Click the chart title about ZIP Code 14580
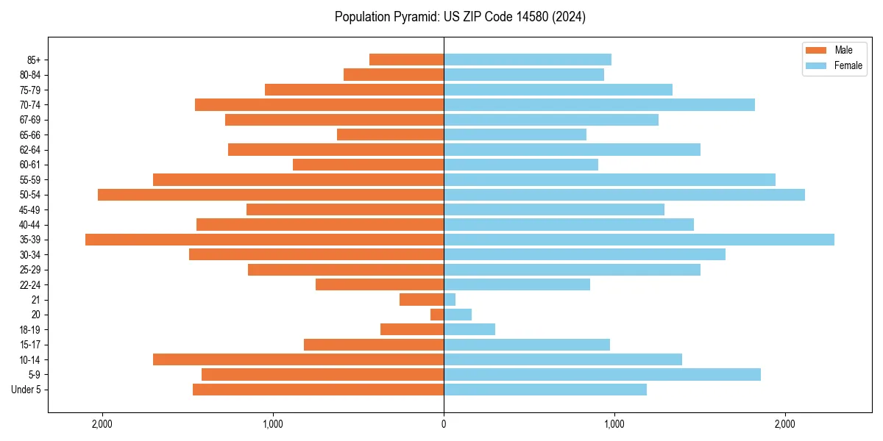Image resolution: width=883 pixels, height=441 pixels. (x=460, y=17)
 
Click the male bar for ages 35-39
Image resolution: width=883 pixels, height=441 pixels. (x=264, y=240)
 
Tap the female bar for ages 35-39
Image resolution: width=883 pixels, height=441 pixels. (x=639, y=240)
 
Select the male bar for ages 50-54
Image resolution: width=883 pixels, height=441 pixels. (x=271, y=195)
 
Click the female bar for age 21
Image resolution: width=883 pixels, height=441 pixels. (x=450, y=300)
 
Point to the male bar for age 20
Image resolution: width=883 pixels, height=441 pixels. (x=437, y=315)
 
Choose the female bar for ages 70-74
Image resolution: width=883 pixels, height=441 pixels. (x=599, y=105)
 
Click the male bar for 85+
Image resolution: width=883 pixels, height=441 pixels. (x=406, y=60)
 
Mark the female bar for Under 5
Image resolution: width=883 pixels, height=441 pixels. (x=545, y=390)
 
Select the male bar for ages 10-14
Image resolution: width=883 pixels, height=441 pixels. (x=298, y=359)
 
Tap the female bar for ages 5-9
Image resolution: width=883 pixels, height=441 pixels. (x=602, y=375)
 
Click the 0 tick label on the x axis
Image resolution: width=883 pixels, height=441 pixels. (x=444, y=424)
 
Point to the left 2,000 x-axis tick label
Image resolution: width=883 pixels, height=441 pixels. (x=102, y=424)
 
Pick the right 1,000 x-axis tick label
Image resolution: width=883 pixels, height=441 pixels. (x=614, y=424)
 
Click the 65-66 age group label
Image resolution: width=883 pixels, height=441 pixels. (x=30, y=135)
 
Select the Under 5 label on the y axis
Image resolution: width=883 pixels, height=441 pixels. (x=26, y=390)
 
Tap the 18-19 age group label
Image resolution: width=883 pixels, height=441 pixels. (x=30, y=330)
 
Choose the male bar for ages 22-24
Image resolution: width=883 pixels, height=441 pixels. (x=380, y=284)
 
